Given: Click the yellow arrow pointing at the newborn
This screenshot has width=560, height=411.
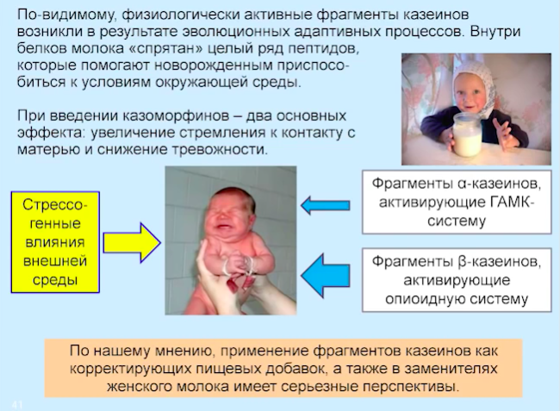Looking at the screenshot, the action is pyautogui.click(x=132, y=243).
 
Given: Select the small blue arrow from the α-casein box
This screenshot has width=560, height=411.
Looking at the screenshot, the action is pyautogui.click(x=325, y=205).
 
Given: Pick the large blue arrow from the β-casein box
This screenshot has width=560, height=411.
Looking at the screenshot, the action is pyautogui.click(x=325, y=276).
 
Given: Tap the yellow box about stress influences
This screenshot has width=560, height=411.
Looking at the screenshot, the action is pyautogui.click(x=55, y=242).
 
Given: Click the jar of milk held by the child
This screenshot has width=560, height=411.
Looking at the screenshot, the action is pyautogui.click(x=466, y=134).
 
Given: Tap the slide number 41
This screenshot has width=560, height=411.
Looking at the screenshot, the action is pyautogui.click(x=16, y=405).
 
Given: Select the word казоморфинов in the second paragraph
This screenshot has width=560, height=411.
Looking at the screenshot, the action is pyautogui.click(x=176, y=116).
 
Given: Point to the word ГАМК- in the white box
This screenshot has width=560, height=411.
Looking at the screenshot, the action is pyautogui.click(x=512, y=202).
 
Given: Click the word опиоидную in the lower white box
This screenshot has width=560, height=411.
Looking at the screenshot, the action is pyautogui.click(x=423, y=299).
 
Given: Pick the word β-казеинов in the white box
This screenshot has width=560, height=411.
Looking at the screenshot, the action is pyautogui.click(x=499, y=262).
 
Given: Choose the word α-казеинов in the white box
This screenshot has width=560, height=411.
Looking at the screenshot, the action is pyautogui.click(x=499, y=184).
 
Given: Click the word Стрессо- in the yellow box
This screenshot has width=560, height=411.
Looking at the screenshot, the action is pyautogui.click(x=55, y=205).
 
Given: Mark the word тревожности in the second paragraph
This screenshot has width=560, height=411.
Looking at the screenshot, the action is pyautogui.click(x=220, y=150).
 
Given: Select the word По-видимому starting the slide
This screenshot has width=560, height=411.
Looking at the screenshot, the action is pyautogui.click(x=67, y=16).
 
